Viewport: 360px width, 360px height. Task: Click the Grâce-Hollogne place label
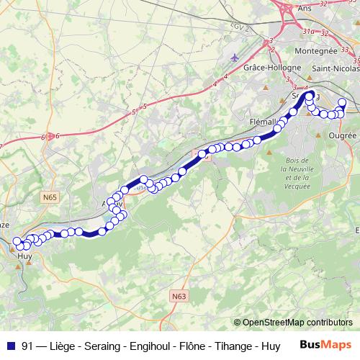click(x=269, y=66)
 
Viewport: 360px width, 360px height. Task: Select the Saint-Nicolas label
click(x=336, y=68)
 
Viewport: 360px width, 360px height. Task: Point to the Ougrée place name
click(x=341, y=135)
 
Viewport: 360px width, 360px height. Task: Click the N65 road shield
click(x=50, y=196)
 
